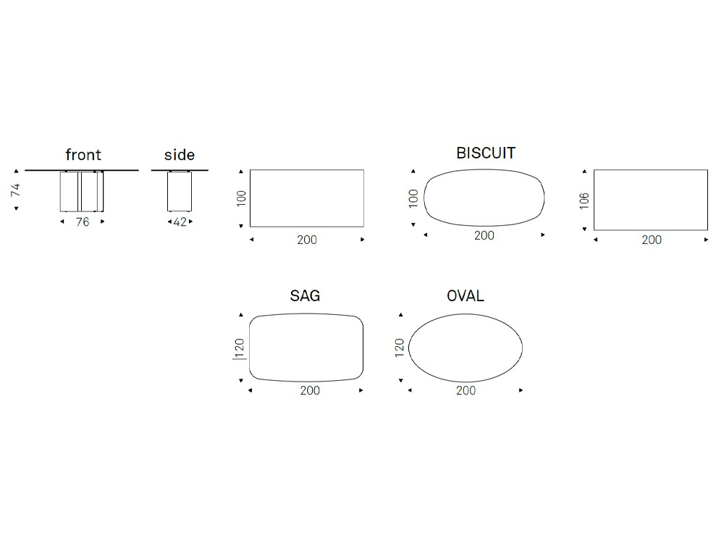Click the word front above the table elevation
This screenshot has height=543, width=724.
(83, 155)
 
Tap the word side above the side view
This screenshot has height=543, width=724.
(179, 155)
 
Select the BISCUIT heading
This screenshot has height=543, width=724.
(486, 153)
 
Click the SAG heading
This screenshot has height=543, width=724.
(305, 295)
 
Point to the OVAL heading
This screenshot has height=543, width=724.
(466, 295)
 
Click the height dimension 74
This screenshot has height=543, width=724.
(16, 189)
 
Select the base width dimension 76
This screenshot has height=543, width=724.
(83, 222)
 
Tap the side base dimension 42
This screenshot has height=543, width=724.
(180, 222)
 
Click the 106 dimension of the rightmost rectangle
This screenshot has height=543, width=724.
(584, 201)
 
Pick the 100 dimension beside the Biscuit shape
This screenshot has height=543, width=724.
(413, 198)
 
